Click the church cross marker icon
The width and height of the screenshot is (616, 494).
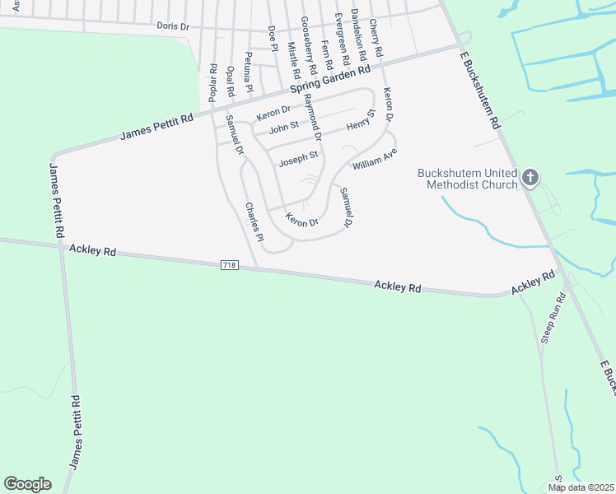point(530,177)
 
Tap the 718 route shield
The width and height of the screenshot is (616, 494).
point(230,265)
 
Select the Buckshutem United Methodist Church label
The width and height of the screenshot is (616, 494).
point(467,179)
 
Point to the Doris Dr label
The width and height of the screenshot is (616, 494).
point(173,26)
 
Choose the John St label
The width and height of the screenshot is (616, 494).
point(282,128)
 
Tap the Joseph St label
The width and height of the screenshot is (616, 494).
point(298,159)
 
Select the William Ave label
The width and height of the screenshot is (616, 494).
point(375,159)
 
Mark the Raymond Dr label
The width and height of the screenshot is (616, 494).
point(312,114)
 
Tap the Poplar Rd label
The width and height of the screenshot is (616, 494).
point(212,82)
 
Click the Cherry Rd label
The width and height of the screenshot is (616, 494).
point(376,38)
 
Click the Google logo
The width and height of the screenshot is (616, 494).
point(27,484)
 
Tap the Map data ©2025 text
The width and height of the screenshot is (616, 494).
point(581,487)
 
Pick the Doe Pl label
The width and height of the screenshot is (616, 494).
point(272,38)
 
